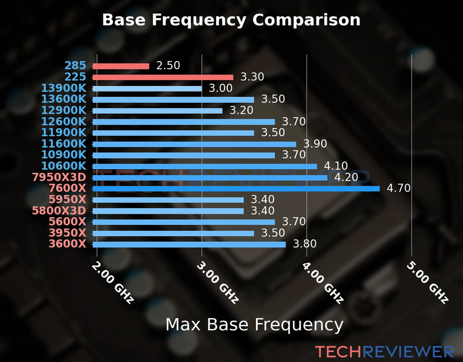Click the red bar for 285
point(121,66)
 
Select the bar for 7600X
point(236,189)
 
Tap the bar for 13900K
point(147,89)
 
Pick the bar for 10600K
point(205,167)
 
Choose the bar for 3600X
point(189,244)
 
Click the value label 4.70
point(398,188)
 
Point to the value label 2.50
point(168,65)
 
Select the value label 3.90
point(315,144)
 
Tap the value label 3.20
point(241,110)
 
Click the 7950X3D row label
point(59,177)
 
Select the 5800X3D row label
point(59,211)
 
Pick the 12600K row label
point(64,122)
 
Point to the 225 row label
point(75,77)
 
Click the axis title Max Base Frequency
point(254,325)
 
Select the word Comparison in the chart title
point(306,20)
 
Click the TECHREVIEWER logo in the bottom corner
point(384,352)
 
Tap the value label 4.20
point(346,177)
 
